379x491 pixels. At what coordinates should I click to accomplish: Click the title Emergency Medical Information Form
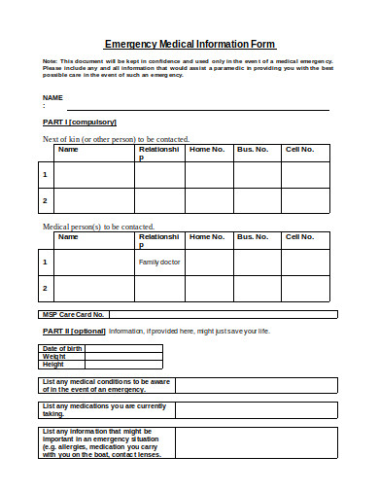tap(189, 44)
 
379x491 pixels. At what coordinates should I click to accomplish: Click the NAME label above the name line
tap(52, 99)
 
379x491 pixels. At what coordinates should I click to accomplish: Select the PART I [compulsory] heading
tap(80, 123)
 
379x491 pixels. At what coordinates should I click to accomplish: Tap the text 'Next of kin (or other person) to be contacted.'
tap(116, 139)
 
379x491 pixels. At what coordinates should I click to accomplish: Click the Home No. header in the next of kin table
tap(207, 150)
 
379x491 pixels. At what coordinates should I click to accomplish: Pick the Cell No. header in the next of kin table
tap(298, 150)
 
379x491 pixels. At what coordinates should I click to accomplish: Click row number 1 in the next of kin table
tap(45, 175)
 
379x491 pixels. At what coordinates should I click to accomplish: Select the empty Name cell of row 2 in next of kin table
tap(95, 200)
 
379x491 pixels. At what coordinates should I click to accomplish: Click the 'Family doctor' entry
tap(159, 262)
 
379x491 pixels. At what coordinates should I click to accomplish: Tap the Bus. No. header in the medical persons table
tap(253, 236)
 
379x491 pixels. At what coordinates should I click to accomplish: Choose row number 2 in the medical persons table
tap(45, 288)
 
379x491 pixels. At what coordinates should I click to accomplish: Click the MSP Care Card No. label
tap(73, 315)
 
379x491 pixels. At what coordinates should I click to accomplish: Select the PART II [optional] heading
tap(73, 332)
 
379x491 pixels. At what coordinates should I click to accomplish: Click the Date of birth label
tap(62, 348)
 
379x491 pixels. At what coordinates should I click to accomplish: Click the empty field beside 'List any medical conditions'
tap(256, 385)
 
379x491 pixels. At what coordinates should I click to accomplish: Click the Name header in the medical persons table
tap(68, 236)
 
